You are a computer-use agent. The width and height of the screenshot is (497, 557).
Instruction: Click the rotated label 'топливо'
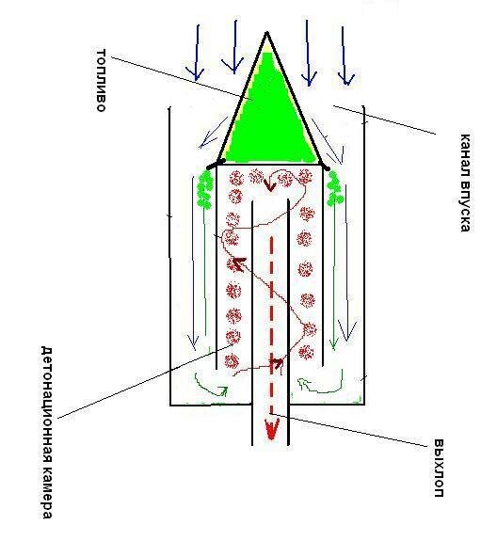click(x=102, y=81)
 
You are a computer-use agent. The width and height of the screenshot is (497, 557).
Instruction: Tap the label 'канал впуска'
click(x=465, y=183)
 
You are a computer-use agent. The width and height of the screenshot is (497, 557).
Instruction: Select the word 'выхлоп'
click(x=439, y=469)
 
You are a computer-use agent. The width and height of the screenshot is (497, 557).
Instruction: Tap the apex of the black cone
click(x=266, y=33)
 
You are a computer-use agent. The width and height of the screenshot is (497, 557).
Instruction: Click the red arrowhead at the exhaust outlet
click(x=271, y=429)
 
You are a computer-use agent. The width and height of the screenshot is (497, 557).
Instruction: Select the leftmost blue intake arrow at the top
click(x=196, y=53)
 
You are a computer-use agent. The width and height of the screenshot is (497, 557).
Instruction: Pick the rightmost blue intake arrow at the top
click(x=345, y=56)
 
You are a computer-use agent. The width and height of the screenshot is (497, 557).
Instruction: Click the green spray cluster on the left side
click(x=205, y=189)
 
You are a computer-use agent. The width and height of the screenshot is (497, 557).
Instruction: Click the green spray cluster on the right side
click(x=334, y=188)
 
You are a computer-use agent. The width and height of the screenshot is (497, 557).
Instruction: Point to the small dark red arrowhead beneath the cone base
click(x=270, y=185)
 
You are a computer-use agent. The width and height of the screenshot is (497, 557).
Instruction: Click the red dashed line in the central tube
click(x=272, y=326)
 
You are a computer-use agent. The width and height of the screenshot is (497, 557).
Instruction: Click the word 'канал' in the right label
click(x=465, y=152)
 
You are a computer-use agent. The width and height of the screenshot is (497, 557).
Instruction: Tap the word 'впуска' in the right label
click(x=465, y=204)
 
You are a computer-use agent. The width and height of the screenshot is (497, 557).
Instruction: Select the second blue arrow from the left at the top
click(x=233, y=47)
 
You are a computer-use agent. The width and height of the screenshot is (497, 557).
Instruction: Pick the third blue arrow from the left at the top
click(x=308, y=53)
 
